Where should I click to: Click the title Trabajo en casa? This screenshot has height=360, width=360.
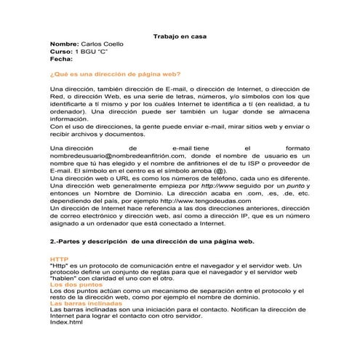coord(181,36)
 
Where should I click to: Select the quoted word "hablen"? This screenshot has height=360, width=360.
coord(64,279)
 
